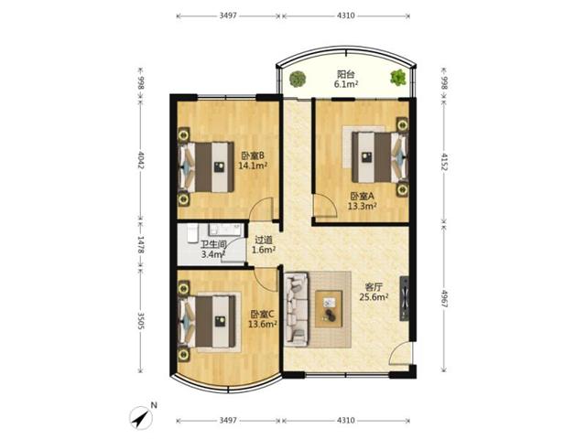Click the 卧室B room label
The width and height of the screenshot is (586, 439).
click(x=253, y=155)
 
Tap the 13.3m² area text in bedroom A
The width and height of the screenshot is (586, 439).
click(x=362, y=206)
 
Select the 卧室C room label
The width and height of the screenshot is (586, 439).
click(x=263, y=314)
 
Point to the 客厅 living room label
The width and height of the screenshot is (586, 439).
click(x=374, y=287)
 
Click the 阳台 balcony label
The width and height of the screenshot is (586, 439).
click(x=346, y=74)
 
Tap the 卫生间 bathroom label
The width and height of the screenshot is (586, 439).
click(x=213, y=244)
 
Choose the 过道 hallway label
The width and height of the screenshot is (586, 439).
click(x=264, y=240)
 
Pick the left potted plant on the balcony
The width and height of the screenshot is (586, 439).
click(x=298, y=79)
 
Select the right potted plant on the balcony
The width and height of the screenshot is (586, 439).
click(x=398, y=78)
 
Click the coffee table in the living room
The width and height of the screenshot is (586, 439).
click(x=329, y=309)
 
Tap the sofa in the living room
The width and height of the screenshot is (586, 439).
click(x=297, y=309)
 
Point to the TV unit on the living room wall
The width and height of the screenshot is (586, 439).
click(x=405, y=299)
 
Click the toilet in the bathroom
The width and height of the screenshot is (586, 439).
click(x=192, y=233)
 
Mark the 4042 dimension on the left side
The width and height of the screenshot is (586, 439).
click(x=140, y=160)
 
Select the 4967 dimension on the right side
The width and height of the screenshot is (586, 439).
click(x=444, y=299)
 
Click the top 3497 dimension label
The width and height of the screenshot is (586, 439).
click(x=228, y=16)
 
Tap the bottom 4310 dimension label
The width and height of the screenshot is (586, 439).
click(x=346, y=421)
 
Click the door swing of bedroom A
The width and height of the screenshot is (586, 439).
click(x=325, y=205)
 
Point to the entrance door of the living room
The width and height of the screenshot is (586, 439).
click(x=401, y=353)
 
